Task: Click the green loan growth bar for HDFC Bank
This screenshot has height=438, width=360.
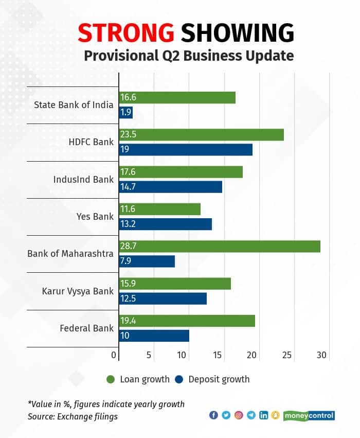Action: pyautogui.click(x=201, y=135)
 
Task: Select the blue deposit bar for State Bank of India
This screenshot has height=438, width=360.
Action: pyautogui.click(x=125, y=112)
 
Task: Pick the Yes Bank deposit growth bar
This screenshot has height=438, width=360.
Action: pyautogui.click(x=165, y=224)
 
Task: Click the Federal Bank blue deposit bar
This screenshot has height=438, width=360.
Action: pyautogui.click(x=154, y=336)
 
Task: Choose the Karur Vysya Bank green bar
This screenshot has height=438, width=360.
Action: pyautogui.click(x=175, y=284)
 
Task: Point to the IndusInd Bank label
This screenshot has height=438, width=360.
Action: pyautogui.click(x=83, y=180)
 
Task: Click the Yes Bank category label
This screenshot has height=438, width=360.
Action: pyautogui.click(x=95, y=217)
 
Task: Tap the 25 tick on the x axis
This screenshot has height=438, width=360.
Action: pyautogui.click(x=287, y=355)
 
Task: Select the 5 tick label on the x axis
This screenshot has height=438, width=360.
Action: pyautogui.click(x=149, y=355)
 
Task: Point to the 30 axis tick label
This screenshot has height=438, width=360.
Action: pyautogui.click(x=321, y=355)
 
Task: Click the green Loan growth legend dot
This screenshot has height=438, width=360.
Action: pyautogui.click(x=110, y=379)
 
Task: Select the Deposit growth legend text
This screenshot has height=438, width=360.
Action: pyautogui.click(x=219, y=379)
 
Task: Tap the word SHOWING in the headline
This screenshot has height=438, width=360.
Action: pyautogui.click(x=238, y=33)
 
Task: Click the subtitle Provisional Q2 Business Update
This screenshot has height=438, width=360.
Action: pyautogui.click(x=186, y=56)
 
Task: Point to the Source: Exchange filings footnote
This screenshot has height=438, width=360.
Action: pyautogui.click(x=73, y=416)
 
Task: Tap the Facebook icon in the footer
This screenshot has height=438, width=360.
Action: pyautogui.click(x=214, y=415)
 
